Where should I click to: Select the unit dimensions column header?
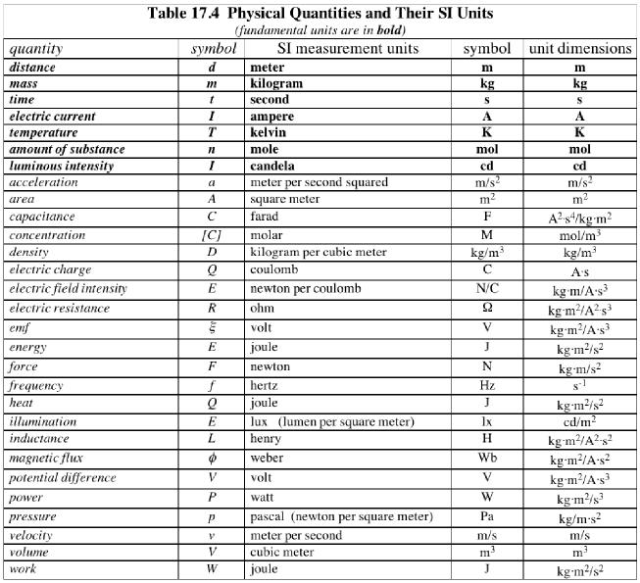point(579,48)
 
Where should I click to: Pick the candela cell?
point(275,166)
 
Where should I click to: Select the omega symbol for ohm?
point(486,308)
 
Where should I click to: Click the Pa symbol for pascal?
point(486,516)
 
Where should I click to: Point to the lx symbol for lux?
point(486,421)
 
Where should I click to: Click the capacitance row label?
point(42,216)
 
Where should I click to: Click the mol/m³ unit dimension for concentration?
point(579,235)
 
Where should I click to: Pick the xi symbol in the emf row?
point(212,327)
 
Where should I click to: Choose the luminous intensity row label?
point(61,166)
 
